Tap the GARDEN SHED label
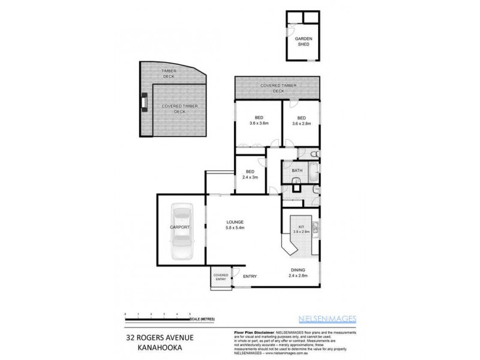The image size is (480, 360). tap(302, 41)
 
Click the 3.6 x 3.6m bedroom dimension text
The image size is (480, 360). tap(258, 123)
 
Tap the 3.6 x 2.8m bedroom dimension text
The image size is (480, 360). tap(301, 123)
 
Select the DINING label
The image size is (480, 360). tap(298, 270)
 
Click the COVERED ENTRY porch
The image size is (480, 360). tap(221, 277)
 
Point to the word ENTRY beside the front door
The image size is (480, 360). tap(250, 276)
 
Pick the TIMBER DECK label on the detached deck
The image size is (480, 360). tap(169, 73)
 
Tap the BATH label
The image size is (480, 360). tap(297, 171)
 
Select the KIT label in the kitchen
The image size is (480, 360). tap(301, 227)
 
